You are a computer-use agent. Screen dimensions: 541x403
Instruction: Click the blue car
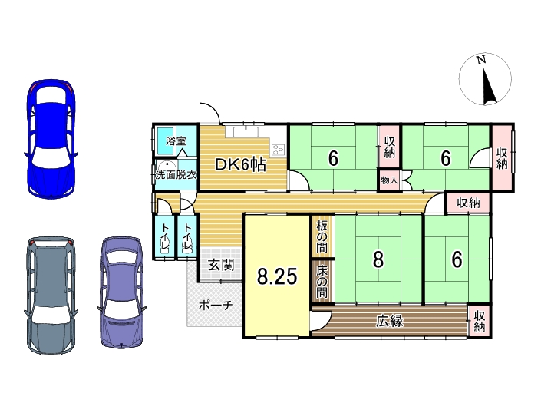pyautogui.click(x=51, y=139)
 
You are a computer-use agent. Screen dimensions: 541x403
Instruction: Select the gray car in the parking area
pyautogui.click(x=51, y=295)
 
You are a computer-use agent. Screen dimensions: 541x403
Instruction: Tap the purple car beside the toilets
pyautogui.click(x=121, y=292)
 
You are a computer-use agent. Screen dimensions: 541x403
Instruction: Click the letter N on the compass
pyautogui.click(x=481, y=60)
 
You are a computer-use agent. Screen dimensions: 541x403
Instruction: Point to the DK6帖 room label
pyautogui.click(x=241, y=164)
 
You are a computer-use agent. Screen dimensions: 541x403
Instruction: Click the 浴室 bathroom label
pyautogui.click(x=176, y=140)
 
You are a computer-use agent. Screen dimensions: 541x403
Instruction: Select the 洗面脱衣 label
pyautogui.click(x=176, y=174)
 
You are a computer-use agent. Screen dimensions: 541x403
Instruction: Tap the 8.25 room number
pyautogui.click(x=277, y=276)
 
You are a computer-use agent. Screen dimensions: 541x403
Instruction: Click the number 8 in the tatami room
pyautogui.click(x=378, y=259)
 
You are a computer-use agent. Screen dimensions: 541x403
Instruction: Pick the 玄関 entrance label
pyautogui.click(x=221, y=265)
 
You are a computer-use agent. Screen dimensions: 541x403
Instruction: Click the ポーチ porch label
pyautogui.click(x=216, y=305)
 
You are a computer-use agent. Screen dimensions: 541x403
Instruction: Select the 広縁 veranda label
pyautogui.click(x=390, y=321)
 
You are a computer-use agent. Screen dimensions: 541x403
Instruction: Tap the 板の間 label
pyautogui.click(x=322, y=236)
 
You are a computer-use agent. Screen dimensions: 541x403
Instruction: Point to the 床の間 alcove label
pyautogui.click(x=322, y=282)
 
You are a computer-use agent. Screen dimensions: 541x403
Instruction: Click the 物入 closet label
pyautogui.click(x=389, y=180)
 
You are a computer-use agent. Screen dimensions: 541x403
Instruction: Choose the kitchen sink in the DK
pyautogui.click(x=246, y=132)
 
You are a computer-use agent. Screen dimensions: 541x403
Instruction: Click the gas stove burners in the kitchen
pyautogui.click(x=278, y=149)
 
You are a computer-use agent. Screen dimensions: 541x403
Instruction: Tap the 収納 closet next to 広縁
pyautogui.click(x=480, y=321)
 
